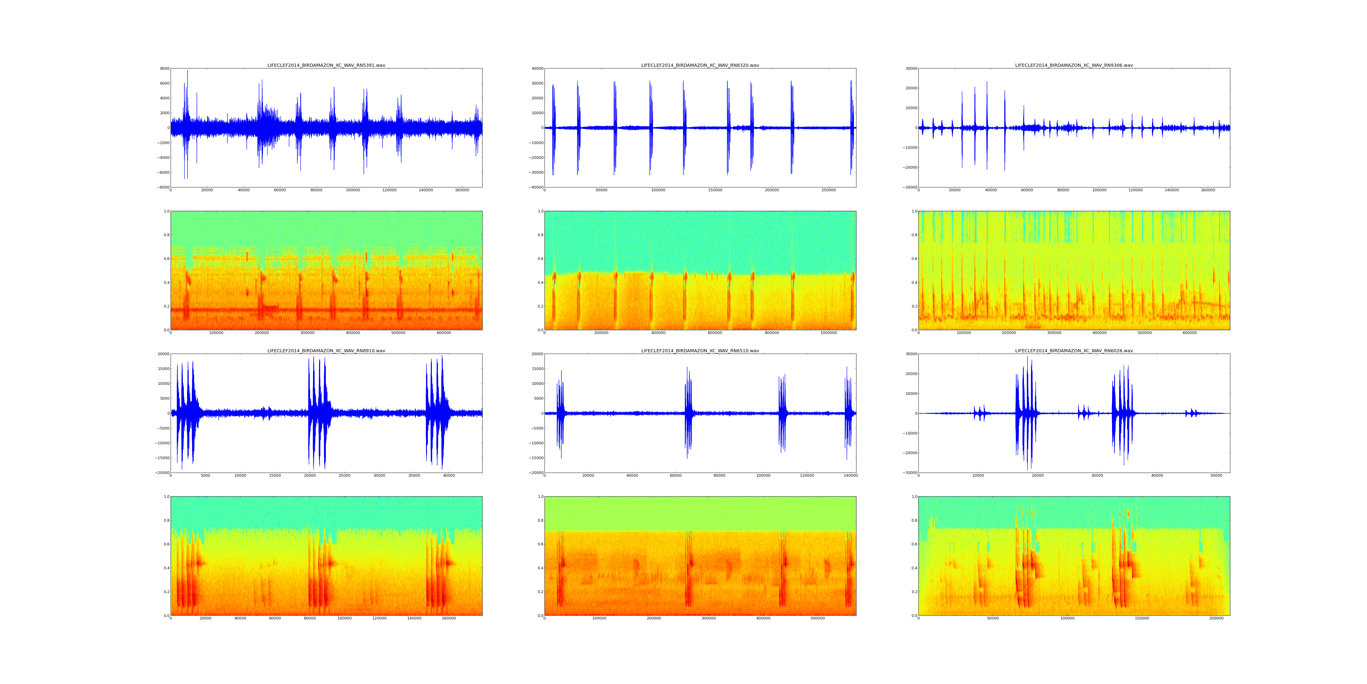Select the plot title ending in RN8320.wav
(700, 65)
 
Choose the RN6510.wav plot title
(700, 350)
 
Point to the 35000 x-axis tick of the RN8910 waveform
(414, 475)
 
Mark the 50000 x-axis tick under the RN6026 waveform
(1217, 475)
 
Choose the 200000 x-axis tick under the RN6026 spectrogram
(1216, 618)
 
